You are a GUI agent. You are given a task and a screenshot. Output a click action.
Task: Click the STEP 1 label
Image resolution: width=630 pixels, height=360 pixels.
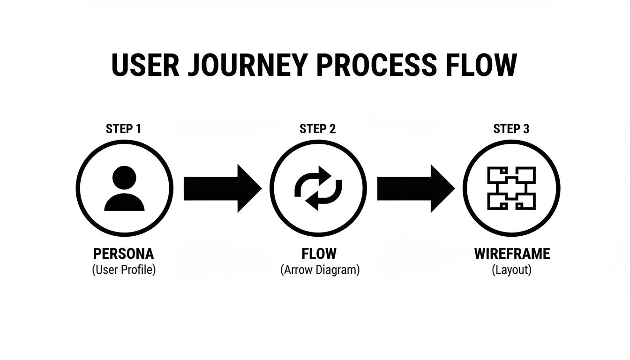pos(123,129)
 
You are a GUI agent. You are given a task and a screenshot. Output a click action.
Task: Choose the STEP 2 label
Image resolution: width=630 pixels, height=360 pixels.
pos(317,129)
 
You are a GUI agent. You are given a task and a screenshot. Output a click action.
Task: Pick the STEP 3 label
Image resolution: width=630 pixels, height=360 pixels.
pos(511,129)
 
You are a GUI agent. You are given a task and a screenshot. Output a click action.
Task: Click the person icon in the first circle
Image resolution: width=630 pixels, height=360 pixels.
pos(124,188)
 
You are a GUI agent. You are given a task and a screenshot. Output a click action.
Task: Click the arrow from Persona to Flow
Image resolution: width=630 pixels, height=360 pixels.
pos(222,188)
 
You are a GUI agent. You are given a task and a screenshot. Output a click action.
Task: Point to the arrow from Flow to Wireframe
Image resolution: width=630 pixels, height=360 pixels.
pos(415,188)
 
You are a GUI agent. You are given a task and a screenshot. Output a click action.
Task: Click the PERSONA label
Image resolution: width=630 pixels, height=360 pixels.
pos(123,254)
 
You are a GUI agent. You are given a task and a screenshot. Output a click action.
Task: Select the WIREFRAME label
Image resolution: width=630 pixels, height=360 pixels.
pos(512,254)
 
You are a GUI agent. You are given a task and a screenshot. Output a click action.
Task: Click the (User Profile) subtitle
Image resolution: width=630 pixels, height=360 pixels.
pos(123,270)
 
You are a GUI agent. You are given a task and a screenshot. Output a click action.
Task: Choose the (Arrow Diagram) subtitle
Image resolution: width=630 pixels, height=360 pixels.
pos(320,270)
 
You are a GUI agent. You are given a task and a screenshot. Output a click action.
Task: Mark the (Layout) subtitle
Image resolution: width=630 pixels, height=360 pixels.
pos(511,270)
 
